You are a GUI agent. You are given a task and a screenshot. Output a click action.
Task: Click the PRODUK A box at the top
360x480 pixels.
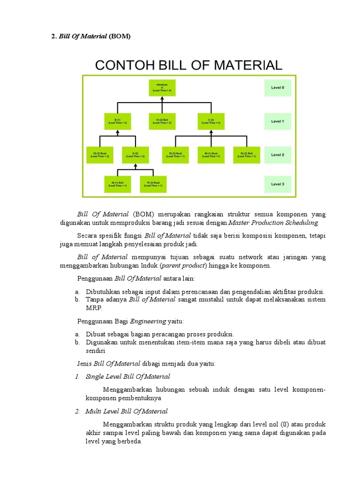(x=161, y=88)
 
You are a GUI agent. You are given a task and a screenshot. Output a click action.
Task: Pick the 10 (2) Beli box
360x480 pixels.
(x=163, y=121)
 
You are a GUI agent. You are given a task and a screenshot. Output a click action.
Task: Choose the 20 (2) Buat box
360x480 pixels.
(x=99, y=155)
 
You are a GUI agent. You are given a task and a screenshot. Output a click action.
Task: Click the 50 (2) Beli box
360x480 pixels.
(x=247, y=155)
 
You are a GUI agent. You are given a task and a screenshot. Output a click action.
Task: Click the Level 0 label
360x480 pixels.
(x=277, y=88)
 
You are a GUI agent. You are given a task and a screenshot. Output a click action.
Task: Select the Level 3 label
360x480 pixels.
(x=277, y=184)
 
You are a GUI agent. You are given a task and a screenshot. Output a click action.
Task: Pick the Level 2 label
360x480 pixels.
(x=277, y=155)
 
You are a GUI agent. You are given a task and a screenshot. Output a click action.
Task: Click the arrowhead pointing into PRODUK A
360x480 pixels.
(x=161, y=98)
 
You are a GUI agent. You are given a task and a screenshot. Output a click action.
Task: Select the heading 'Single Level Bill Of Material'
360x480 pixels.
(x=127, y=376)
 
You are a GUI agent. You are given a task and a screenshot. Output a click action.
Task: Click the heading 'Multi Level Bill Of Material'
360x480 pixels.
(x=126, y=412)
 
